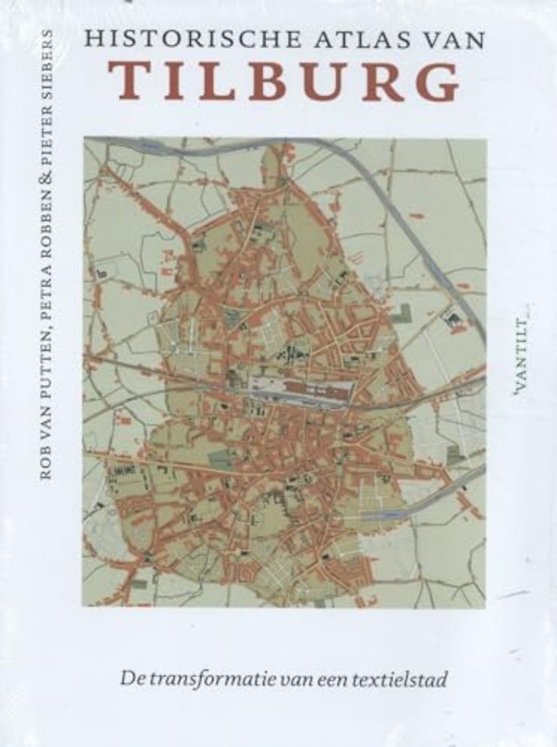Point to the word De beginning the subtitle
coord(130,678)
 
